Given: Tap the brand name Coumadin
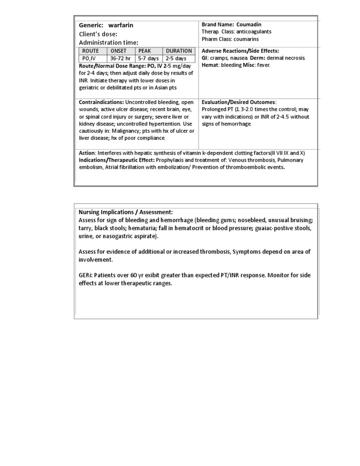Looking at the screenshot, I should tap(249, 24).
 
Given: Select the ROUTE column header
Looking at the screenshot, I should tap(91, 51).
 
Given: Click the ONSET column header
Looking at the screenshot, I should tap(119, 51).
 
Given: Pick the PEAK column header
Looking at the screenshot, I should tap(145, 51).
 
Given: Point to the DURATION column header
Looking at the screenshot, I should tap(179, 51).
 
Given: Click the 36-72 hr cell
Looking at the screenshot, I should tap(120, 58).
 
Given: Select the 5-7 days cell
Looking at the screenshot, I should tap(148, 58).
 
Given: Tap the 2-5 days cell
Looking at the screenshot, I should tap(176, 58).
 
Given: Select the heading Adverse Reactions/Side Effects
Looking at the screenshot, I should tap(240, 51).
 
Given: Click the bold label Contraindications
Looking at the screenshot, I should tap(101, 102).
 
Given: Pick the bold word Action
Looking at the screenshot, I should tap(87, 153).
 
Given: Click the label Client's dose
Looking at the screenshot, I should tap(98, 34).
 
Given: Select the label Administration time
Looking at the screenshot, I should tap(108, 43).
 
